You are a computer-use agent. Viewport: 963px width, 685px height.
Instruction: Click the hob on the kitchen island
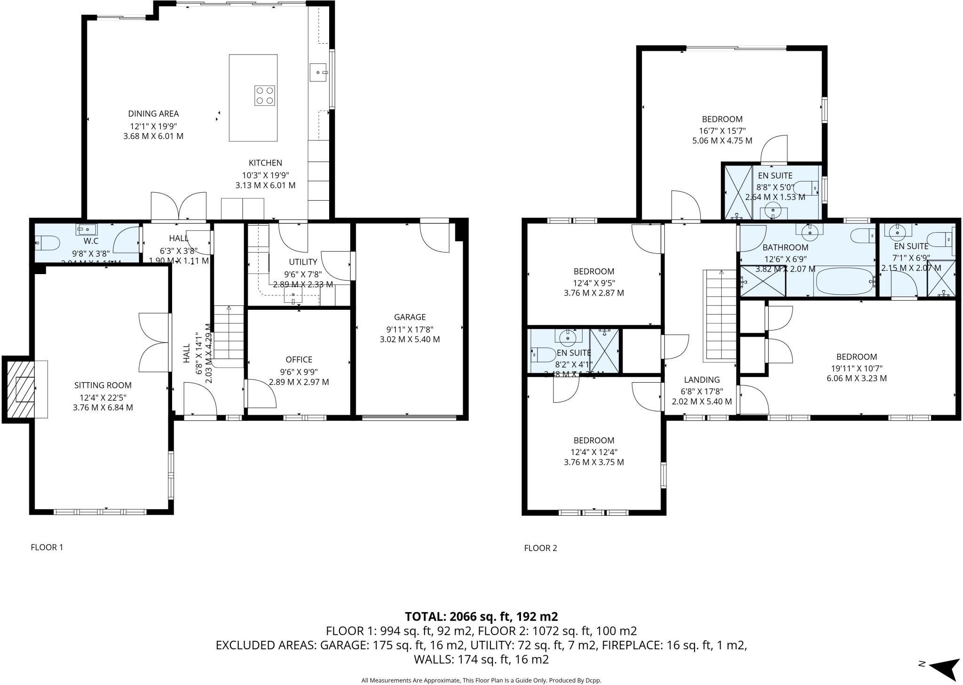tap(264, 95)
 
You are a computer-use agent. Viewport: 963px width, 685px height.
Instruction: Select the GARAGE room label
tap(410, 317)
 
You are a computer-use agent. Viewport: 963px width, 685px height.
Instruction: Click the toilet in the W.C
tap(47, 243)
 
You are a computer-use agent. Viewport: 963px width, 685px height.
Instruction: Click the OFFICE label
tap(299, 360)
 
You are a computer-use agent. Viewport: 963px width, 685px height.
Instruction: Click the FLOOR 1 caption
tap(47, 547)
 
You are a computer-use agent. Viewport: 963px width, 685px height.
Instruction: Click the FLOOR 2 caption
tap(540, 548)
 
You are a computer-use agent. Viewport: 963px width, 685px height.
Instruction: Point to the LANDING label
tap(702, 380)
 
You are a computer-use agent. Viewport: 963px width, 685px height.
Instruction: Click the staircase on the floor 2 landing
tap(719, 315)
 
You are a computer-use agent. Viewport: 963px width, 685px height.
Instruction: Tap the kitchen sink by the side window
tap(318, 73)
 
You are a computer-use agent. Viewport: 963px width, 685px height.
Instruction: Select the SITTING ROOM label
tap(103, 386)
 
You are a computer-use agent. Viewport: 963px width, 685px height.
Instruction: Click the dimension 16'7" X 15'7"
tap(722, 131)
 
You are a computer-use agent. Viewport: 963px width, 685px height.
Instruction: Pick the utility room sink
tap(293, 296)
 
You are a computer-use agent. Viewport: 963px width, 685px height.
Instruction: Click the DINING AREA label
tap(153, 114)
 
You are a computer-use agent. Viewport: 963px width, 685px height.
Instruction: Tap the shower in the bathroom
tap(763, 282)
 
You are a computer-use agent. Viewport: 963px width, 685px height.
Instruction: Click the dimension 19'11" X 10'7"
tap(856, 368)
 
